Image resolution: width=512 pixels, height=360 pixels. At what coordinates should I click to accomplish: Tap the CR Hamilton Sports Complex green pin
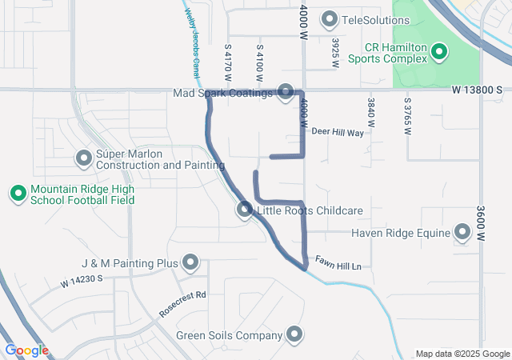439,54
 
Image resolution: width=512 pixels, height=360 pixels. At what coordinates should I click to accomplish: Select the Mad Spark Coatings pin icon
286,94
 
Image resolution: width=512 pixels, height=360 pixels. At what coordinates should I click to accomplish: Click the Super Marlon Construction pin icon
83,158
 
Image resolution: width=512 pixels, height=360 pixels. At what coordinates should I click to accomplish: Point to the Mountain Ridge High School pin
18,193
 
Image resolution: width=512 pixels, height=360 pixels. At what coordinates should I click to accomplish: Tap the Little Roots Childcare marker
245,210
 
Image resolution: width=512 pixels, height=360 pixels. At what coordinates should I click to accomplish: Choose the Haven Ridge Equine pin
462,233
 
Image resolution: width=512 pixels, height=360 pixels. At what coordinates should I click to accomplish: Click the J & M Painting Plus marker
190,262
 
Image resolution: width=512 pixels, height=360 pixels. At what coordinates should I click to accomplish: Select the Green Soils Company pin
294,335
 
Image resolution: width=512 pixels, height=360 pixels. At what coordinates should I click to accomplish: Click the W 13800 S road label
477,91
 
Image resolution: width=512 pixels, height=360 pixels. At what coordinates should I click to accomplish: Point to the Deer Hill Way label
338,132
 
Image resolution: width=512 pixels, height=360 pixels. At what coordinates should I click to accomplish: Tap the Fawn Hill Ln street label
338,265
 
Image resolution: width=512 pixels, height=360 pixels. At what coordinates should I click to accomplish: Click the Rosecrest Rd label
182,305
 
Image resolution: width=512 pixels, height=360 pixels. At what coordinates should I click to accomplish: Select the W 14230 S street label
82,282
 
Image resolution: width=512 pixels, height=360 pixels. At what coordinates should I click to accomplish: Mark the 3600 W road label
482,226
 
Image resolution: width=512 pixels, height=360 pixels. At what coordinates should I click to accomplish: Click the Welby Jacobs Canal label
193,36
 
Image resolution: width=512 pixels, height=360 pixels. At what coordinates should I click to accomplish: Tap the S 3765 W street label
407,116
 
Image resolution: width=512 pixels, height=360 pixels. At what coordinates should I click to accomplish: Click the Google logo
26,350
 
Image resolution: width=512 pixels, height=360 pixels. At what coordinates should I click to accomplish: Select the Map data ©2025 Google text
462,354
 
